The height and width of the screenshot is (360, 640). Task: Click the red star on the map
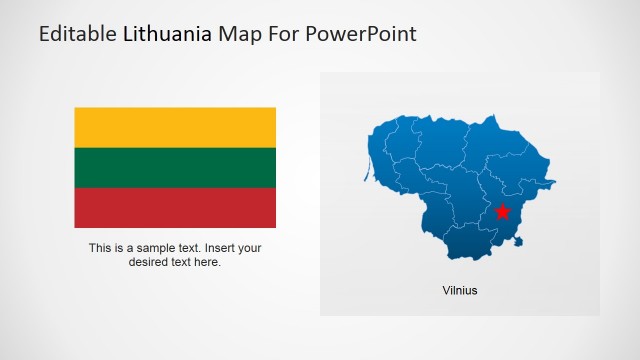pos(503,211)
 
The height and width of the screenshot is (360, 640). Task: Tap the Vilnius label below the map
pos(460,291)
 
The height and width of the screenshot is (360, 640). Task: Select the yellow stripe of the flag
pos(175,127)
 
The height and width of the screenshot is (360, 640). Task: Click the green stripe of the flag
pos(175,167)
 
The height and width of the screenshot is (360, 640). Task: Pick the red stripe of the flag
pos(175,208)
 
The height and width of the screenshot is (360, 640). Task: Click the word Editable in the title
pos(77,35)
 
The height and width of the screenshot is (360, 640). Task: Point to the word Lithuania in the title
pos(168,35)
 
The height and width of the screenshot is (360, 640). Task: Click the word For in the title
pos(285,35)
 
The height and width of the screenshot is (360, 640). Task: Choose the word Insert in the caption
pos(222,248)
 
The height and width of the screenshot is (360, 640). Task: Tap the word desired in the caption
pos(149,262)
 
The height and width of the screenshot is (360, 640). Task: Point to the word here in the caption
pos(208,262)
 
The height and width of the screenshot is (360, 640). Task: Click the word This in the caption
pos(99,248)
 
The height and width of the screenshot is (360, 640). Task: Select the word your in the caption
pos(250,248)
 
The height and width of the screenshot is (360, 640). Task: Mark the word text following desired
pos(182,262)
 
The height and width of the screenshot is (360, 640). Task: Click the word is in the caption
pos(120,248)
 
